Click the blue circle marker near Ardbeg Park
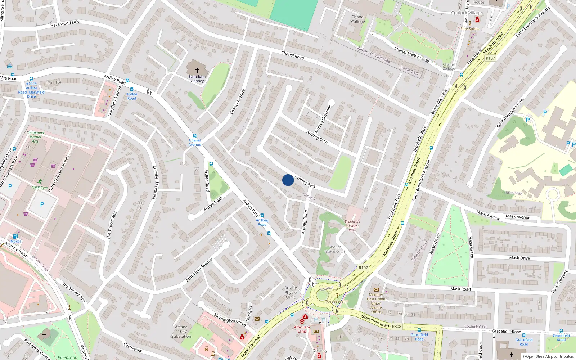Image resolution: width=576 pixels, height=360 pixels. pyautogui.click(x=288, y=180)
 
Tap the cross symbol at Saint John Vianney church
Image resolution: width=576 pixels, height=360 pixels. pyautogui.click(x=197, y=70)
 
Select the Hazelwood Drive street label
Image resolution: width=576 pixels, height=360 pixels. pyautogui.click(x=66, y=24)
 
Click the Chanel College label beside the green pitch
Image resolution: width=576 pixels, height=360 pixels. pyautogui.click(x=358, y=19)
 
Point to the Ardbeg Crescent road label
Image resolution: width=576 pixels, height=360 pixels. pyautogui.click(x=323, y=119)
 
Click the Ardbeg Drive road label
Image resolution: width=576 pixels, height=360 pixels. pyautogui.click(x=318, y=137)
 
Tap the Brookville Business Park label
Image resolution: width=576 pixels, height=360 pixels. pyautogui.click(x=352, y=226)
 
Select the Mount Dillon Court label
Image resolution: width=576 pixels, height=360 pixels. pyautogui.click(x=336, y=249)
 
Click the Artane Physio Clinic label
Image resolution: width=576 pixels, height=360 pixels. pyautogui.click(x=291, y=292)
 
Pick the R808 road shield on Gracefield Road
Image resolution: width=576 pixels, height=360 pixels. pyautogui.click(x=396, y=327)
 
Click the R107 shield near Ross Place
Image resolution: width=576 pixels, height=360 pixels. pyautogui.click(x=490, y=58)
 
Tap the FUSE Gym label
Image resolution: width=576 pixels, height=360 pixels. pyautogui.click(x=40, y=188)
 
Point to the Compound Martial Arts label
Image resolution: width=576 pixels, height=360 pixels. pyautogui.click(x=35, y=137)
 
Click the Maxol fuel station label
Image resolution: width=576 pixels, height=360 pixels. pyautogui.click(x=15, y=241)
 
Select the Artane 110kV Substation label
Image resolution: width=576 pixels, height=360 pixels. pyautogui.click(x=181, y=332)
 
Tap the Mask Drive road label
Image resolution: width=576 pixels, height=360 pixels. pyautogui.click(x=519, y=258)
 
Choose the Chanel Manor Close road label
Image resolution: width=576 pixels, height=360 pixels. pyautogui.click(x=411, y=54)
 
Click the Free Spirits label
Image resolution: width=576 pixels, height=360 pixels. pyautogui.click(x=470, y=29)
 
